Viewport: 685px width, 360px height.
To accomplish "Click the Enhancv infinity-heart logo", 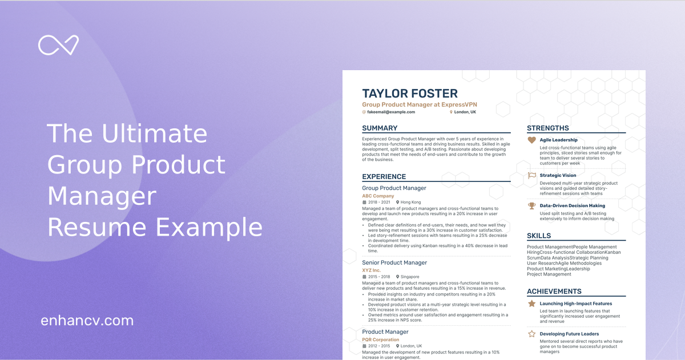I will [x=58, y=45].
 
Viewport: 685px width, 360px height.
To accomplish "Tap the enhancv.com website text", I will [x=87, y=321].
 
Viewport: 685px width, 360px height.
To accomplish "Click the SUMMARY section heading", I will [x=380, y=128].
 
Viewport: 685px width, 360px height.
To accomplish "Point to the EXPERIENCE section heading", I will [x=384, y=177].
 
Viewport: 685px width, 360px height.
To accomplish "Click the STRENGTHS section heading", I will [x=547, y=128].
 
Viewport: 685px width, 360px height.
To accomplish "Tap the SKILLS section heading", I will [x=539, y=236].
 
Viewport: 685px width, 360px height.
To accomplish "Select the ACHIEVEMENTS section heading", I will [x=554, y=292].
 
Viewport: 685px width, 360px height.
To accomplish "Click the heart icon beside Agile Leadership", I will [x=531, y=140].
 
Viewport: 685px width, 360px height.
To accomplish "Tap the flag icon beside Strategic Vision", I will [x=531, y=175].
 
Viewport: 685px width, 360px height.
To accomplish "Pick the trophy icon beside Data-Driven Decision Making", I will [x=531, y=205].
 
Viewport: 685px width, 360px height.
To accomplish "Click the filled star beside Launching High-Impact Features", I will [x=531, y=304].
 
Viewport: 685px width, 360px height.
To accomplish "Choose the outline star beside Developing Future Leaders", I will [x=531, y=334].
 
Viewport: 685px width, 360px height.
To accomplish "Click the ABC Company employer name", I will [x=378, y=196].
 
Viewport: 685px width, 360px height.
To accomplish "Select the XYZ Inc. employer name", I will [x=371, y=270].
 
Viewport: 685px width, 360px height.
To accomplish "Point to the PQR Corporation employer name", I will [x=381, y=339].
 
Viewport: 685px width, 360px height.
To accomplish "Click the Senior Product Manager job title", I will [x=394, y=262].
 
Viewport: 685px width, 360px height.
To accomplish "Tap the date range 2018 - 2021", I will [x=379, y=203].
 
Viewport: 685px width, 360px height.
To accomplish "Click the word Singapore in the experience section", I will [x=409, y=277].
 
